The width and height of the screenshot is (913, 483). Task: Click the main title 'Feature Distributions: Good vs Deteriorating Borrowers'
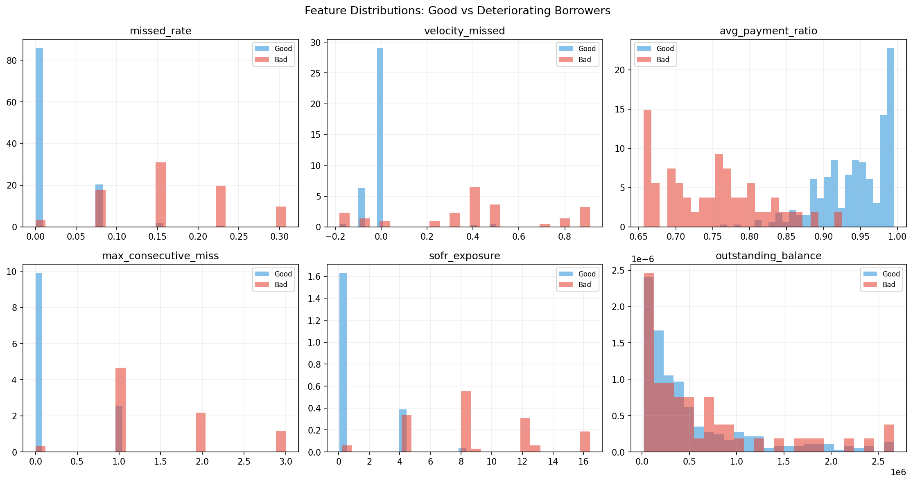(457, 11)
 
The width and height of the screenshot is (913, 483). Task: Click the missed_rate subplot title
(160, 31)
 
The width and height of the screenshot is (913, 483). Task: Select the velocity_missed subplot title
(464, 31)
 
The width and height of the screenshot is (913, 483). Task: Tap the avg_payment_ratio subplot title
(768, 31)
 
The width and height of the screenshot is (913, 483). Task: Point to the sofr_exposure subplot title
(464, 256)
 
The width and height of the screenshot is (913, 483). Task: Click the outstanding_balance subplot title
(768, 256)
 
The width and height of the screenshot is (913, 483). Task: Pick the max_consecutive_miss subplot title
(160, 256)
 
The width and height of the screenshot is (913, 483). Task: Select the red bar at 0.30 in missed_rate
(280, 216)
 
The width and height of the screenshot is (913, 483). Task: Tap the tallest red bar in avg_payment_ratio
(647, 168)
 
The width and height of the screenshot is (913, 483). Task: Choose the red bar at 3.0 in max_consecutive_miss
(280, 441)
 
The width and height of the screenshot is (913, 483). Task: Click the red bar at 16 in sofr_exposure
(585, 441)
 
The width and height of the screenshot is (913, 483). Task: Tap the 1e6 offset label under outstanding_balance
(898, 472)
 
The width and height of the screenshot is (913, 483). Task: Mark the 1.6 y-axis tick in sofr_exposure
(316, 277)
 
